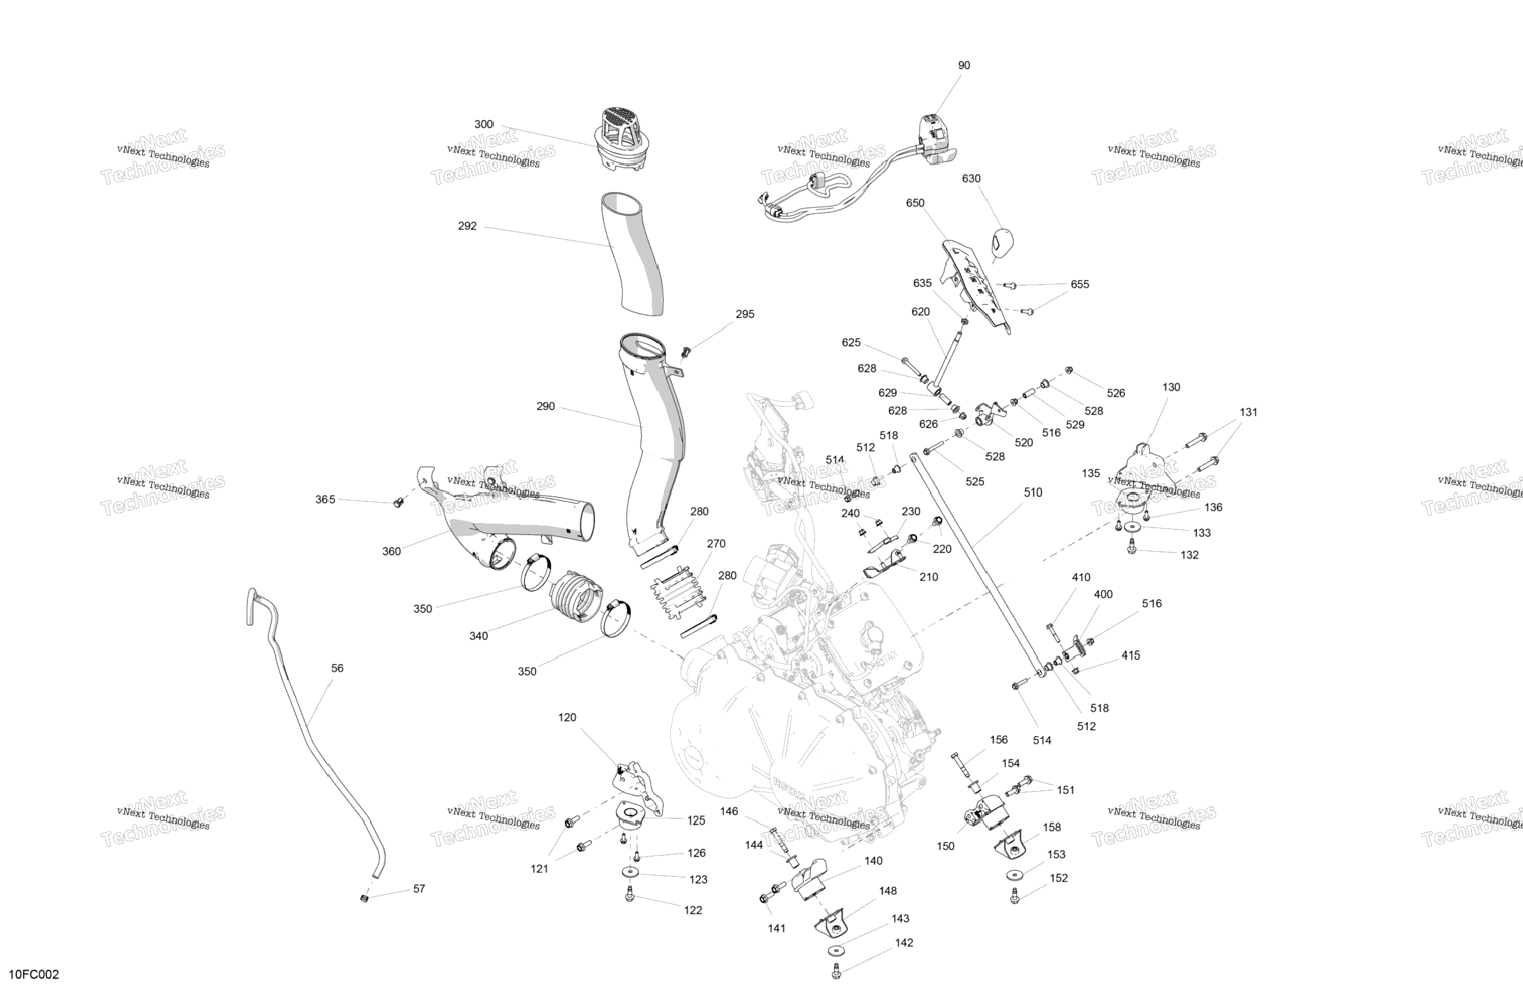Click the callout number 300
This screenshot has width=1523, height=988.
[484, 124]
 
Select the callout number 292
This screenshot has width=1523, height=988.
[467, 226]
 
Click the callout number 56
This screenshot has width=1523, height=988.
[337, 668]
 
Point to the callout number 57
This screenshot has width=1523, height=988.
[419, 888]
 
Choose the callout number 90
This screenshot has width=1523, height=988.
[964, 65]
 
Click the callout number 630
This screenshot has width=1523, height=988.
[971, 179]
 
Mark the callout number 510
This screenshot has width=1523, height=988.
[1033, 492]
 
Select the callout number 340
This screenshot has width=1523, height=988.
[478, 635]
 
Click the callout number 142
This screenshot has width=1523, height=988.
[904, 943]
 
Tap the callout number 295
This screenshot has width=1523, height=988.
[745, 314]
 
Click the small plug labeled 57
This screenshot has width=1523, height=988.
[365, 899]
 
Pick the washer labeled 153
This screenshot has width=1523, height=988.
[1013, 874]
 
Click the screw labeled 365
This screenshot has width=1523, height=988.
[398, 504]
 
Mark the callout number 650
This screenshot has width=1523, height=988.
[915, 203]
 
